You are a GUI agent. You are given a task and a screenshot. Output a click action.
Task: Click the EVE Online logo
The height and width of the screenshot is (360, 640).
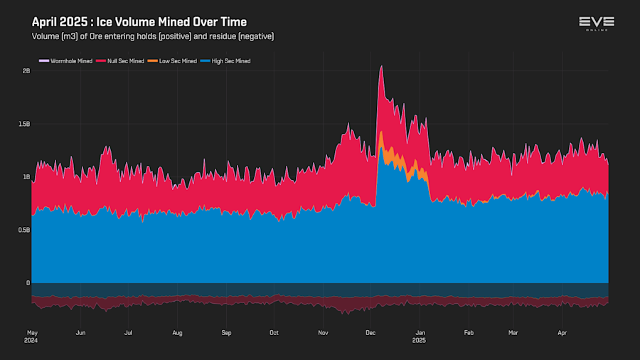click(x=596, y=23)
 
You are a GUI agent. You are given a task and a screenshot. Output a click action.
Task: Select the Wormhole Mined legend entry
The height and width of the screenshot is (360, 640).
click(x=66, y=61)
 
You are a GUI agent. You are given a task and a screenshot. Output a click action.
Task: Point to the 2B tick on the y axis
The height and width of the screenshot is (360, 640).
click(x=26, y=71)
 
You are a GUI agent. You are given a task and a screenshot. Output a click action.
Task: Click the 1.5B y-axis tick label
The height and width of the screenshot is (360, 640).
click(x=24, y=124)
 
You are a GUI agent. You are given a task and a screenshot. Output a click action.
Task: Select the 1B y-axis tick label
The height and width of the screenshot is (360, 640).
click(x=26, y=177)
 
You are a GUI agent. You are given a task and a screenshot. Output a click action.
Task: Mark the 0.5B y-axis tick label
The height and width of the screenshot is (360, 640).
click(x=24, y=230)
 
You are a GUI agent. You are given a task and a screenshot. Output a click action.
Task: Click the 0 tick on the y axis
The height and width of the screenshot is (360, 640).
click(x=28, y=283)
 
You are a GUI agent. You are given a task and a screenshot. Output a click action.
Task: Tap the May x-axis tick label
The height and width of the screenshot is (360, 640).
click(x=32, y=332)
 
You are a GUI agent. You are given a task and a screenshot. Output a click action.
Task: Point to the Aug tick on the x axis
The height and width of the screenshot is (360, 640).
click(x=177, y=332)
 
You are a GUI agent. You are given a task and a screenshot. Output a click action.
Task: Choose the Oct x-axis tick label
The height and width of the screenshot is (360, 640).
click(x=274, y=332)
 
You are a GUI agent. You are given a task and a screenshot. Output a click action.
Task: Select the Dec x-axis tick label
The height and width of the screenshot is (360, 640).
click(x=370, y=332)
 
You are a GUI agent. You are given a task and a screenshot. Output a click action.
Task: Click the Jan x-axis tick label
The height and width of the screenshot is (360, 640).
click(x=420, y=332)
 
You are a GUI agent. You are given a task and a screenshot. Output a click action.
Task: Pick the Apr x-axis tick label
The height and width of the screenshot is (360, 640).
click(x=562, y=332)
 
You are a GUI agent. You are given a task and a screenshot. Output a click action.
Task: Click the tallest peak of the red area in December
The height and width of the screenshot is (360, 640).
click(x=382, y=67)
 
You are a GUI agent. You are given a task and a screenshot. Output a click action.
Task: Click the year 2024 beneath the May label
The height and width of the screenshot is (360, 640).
click(x=32, y=340)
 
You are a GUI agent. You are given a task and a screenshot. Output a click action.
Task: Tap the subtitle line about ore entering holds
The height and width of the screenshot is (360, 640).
click(x=153, y=36)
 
